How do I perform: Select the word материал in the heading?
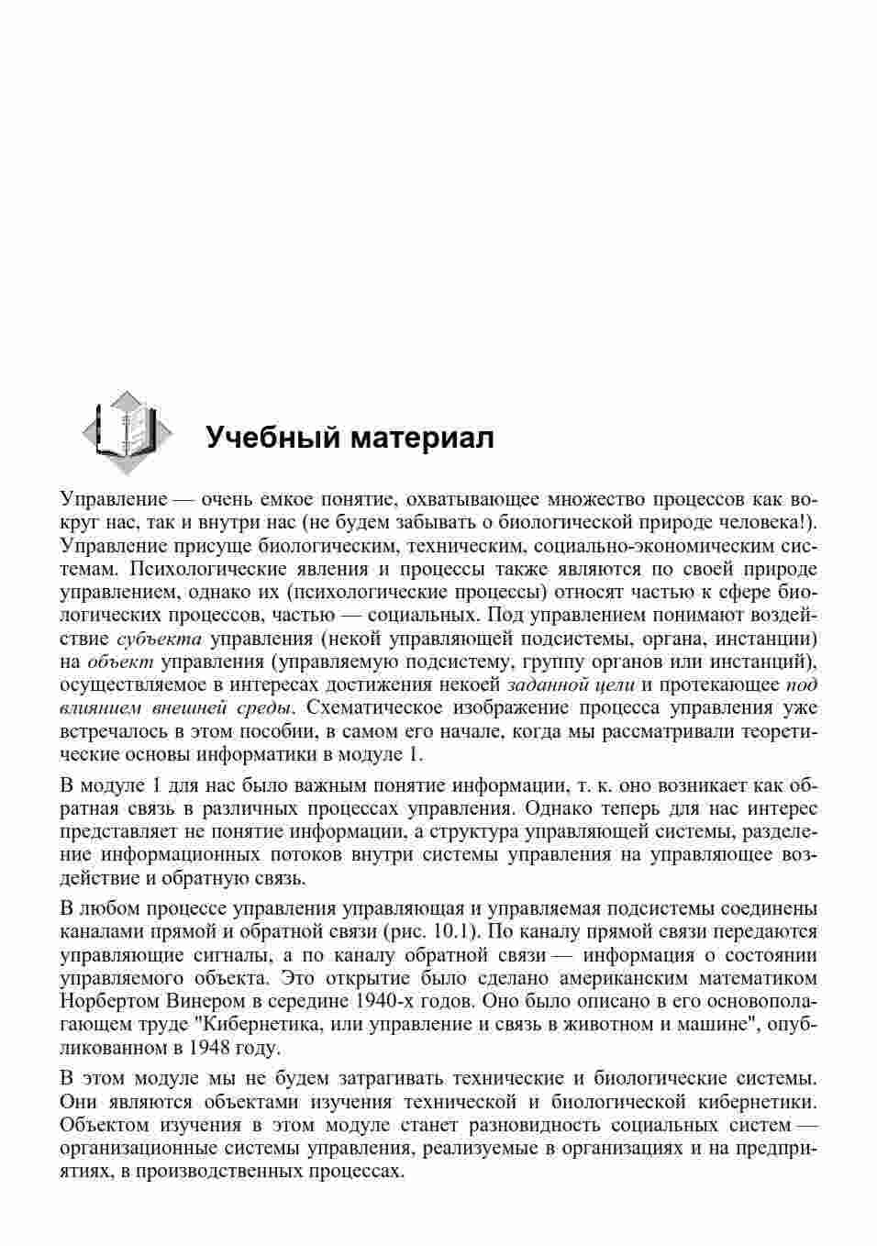point(417,438)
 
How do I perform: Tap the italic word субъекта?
point(160,639)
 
